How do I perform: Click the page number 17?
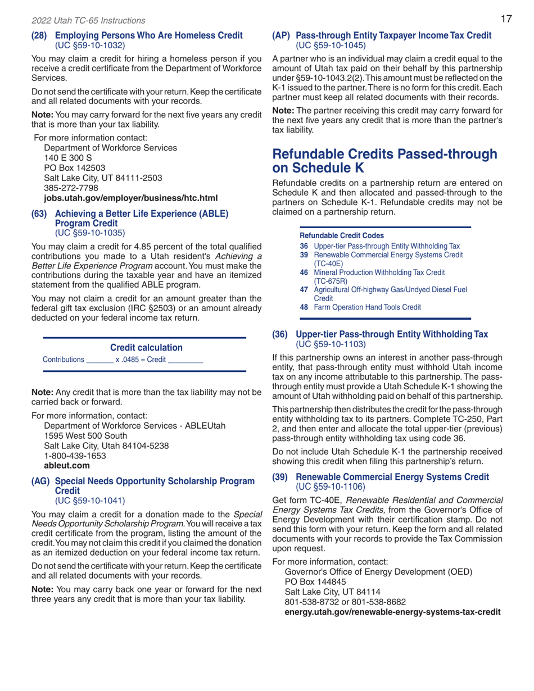(506, 20)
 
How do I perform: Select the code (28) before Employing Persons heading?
(39, 35)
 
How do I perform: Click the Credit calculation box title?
(145, 348)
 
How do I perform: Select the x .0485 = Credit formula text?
(141, 358)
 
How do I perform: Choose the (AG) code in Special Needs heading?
(40, 481)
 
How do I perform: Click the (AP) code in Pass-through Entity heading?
(282, 35)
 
